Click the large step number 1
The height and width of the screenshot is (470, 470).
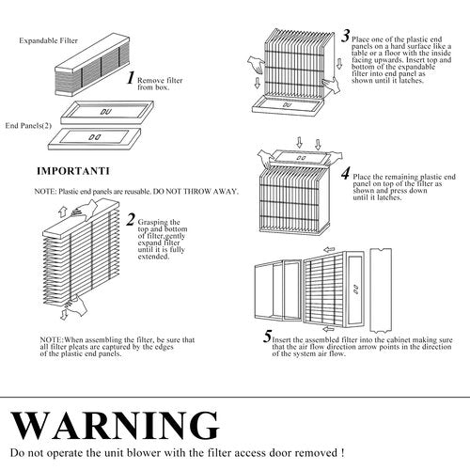click(x=132, y=78)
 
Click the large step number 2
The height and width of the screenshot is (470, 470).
click(x=131, y=219)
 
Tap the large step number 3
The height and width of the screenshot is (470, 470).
click(x=346, y=36)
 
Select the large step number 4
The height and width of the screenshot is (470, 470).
click(x=346, y=173)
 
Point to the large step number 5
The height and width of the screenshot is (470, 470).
click(x=267, y=337)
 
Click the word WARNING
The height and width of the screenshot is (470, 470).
click(x=115, y=426)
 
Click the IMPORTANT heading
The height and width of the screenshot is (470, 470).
click(x=73, y=171)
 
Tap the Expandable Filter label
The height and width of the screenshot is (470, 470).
click(x=48, y=40)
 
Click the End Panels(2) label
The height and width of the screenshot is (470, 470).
click(x=28, y=126)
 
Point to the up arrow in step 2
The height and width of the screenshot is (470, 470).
click(x=62, y=211)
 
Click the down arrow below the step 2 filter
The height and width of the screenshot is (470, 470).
click(x=64, y=315)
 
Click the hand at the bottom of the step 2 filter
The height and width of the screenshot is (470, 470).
click(x=76, y=305)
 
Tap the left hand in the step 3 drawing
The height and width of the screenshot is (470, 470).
click(x=257, y=65)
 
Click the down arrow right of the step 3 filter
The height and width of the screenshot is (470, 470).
click(x=339, y=63)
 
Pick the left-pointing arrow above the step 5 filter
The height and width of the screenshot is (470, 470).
click(x=329, y=250)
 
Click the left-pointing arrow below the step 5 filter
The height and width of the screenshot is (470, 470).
click(x=328, y=329)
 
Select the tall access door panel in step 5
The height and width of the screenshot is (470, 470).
click(x=381, y=290)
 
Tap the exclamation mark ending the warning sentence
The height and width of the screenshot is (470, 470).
click(x=342, y=453)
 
